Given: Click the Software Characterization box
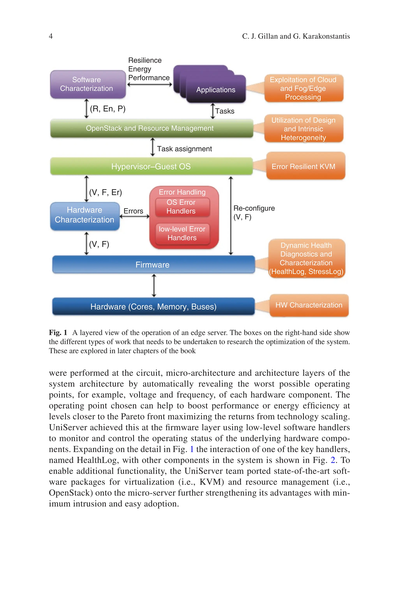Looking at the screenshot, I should coord(88,84).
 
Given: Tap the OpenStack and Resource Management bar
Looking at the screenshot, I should coord(151,128).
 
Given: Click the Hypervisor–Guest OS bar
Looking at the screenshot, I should coord(151,166).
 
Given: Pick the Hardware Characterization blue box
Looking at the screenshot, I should coord(85,216).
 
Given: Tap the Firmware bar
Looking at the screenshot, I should coord(153,265).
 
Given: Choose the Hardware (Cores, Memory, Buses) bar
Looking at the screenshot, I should coord(154,306).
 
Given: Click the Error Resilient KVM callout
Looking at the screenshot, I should coord(305,166).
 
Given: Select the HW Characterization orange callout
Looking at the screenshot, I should coord(309,305).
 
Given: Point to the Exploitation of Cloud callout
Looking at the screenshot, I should coord(304,88).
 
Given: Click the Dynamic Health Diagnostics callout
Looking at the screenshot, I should coord(306,258).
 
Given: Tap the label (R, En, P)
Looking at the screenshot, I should coord(108,109).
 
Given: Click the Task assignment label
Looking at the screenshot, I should coord(184,149).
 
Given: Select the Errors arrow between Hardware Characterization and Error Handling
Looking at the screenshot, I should coord(134,216).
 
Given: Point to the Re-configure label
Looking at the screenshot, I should coord(254,208).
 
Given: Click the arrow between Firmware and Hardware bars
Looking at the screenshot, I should coord(154,285).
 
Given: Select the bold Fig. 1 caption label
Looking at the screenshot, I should coord(58,333).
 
